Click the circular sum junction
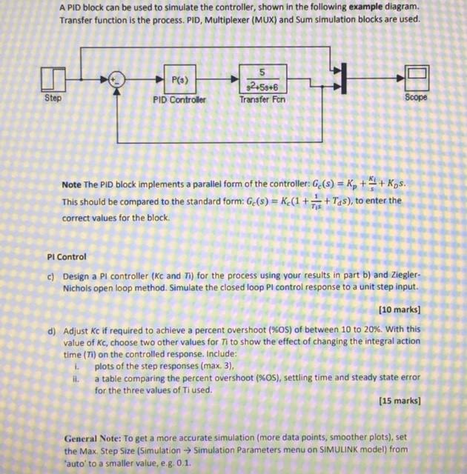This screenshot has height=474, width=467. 116,79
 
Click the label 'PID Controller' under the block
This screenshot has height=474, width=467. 179,99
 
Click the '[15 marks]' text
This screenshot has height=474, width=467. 399,401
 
